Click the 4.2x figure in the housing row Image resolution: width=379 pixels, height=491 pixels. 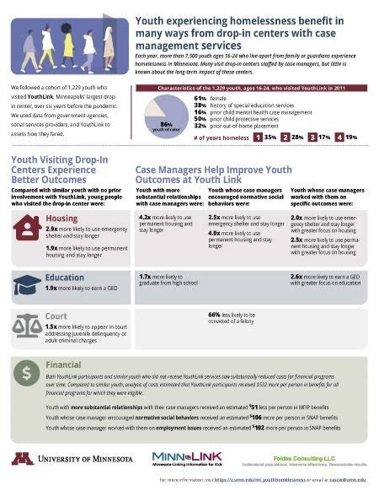point(145,216)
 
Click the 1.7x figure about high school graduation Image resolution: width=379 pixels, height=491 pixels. point(145,276)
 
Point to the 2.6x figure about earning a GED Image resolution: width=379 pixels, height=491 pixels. point(296,276)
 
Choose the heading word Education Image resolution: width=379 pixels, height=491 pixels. point(66,276)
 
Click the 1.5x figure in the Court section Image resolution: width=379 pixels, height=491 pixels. point(51,326)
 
